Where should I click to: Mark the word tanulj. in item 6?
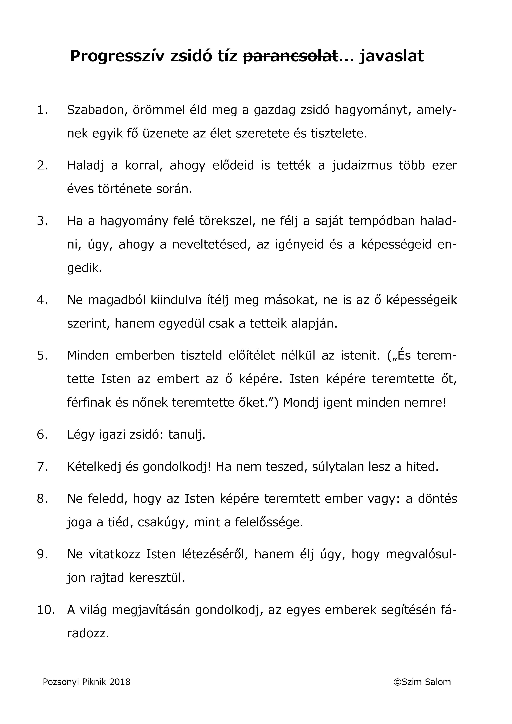click(187, 434)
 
